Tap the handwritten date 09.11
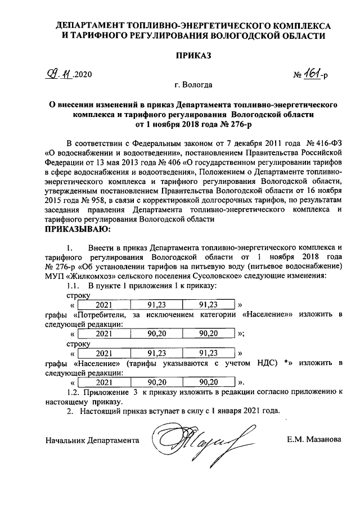(x=58, y=74)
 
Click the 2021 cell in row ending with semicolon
(x=104, y=334)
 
